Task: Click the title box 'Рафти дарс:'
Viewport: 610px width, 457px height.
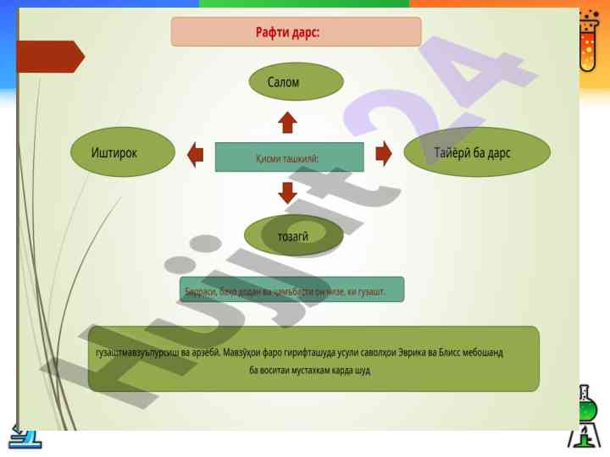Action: tap(296, 32)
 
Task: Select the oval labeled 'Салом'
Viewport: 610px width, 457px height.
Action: tap(296, 82)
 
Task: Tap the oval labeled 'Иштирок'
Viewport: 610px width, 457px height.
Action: tap(124, 152)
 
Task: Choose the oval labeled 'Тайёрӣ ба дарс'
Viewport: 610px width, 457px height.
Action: tap(477, 152)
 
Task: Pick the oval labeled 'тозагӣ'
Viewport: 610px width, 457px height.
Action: tap(293, 236)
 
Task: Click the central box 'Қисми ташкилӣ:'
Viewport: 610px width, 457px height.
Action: tap(289, 157)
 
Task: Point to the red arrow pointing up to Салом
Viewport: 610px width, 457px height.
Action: tap(288, 123)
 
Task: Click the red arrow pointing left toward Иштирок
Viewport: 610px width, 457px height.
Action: tap(196, 154)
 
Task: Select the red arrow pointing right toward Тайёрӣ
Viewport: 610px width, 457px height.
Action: tap(384, 153)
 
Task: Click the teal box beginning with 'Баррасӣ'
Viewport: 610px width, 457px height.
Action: tap(292, 289)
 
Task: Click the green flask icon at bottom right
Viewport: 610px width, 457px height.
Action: tap(584, 416)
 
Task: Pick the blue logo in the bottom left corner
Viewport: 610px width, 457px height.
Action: tap(25, 435)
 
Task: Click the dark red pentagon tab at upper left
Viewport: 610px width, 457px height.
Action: tap(50, 57)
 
